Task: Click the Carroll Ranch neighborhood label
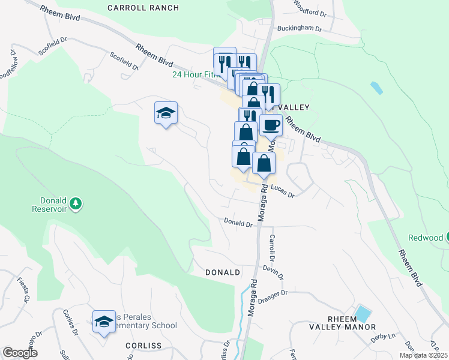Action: pyautogui.click(x=143, y=8)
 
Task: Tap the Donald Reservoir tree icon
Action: pyautogui.click(x=76, y=203)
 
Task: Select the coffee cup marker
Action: pyautogui.click(x=271, y=124)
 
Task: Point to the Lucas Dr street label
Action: pyautogui.click(x=283, y=191)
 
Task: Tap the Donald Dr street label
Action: pyautogui.click(x=238, y=223)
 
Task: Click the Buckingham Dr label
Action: pyautogui.click(x=299, y=28)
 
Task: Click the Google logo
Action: pyautogui.click(x=20, y=353)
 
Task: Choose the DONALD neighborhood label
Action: pyautogui.click(x=223, y=272)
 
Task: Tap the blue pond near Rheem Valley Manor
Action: pyautogui.click(x=363, y=313)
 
